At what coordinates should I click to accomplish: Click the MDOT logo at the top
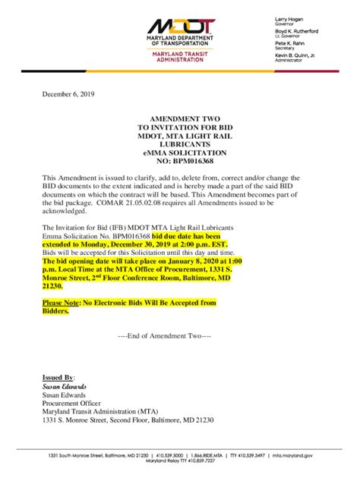click(181, 29)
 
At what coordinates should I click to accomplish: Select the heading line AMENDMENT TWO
click(180, 120)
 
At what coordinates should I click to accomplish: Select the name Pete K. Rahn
click(289, 44)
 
